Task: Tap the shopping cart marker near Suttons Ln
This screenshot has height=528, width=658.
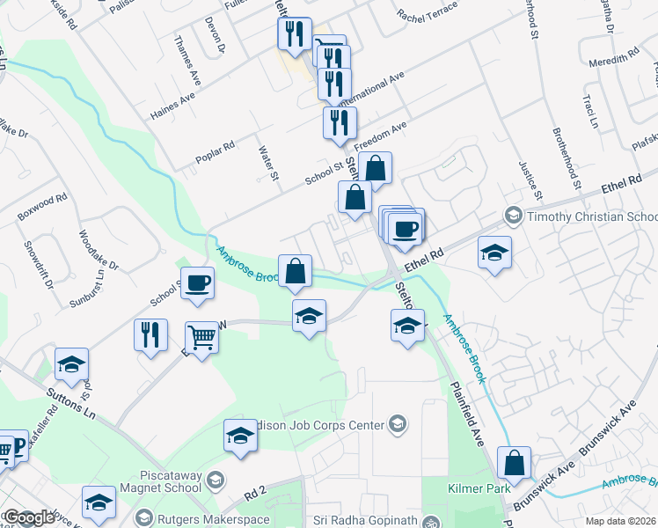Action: (202, 337)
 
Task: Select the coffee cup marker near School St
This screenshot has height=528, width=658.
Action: (198, 283)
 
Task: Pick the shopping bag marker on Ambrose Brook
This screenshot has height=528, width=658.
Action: (296, 271)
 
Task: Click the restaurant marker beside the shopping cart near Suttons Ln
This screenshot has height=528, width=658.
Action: (150, 334)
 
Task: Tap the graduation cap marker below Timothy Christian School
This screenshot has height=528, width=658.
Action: (495, 253)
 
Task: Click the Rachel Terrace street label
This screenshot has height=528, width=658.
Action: (428, 11)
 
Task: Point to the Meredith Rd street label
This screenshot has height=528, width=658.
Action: (614, 57)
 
